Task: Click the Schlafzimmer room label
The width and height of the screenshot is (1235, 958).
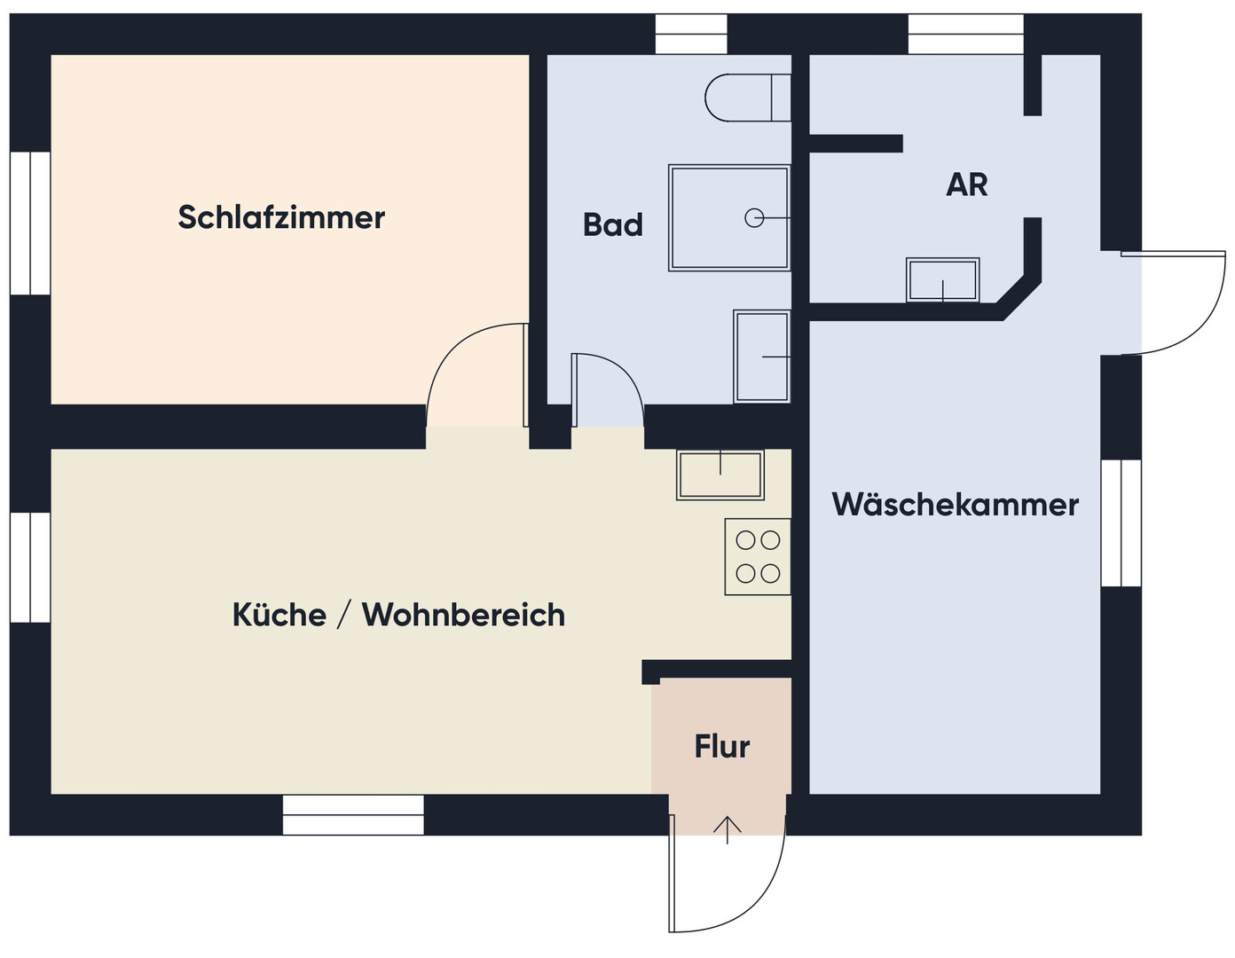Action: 281,217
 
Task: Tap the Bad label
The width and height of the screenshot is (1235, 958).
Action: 613,224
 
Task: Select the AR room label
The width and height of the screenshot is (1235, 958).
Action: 967,185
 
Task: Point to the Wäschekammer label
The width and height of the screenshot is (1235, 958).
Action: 955,505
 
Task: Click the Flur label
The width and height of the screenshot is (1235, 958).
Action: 722,746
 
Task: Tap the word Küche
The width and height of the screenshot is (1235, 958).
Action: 279,614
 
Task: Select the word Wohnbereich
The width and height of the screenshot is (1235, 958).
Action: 464,614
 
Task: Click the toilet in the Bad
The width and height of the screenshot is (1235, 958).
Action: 748,98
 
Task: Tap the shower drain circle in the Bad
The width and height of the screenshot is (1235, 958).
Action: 754,217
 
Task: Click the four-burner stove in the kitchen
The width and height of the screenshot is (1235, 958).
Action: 758,556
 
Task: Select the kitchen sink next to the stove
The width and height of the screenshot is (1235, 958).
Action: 720,475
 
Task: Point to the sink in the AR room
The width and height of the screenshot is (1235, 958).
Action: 942,279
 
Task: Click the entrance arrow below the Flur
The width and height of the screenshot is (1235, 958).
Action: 728,830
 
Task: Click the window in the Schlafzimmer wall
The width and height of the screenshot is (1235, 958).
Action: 30,223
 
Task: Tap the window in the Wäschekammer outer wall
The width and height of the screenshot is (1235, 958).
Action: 1121,522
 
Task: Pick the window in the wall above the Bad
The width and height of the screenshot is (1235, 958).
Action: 691,34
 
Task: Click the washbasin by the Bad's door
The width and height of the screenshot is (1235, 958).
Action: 761,357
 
